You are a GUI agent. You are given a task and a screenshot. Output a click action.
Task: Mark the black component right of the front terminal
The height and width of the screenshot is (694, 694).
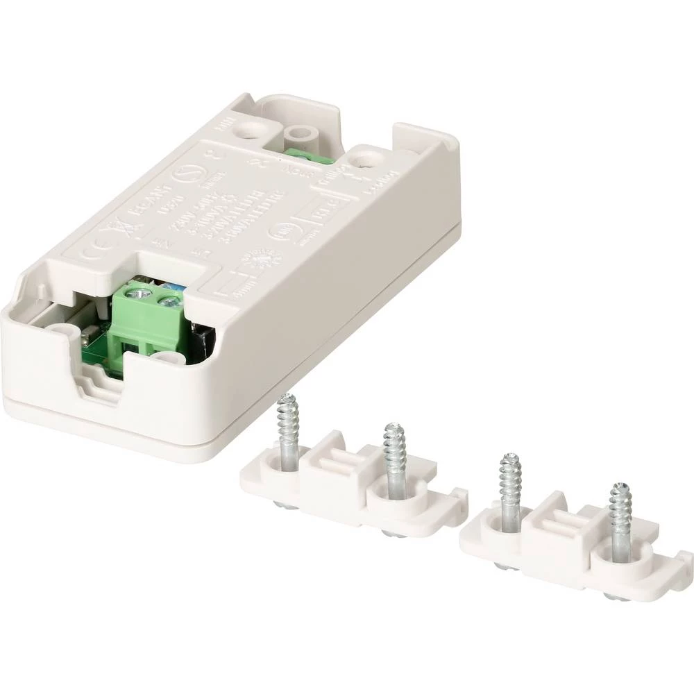click(203, 338)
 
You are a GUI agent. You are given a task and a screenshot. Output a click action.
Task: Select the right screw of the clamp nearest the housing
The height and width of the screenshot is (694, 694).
click(394, 458)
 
